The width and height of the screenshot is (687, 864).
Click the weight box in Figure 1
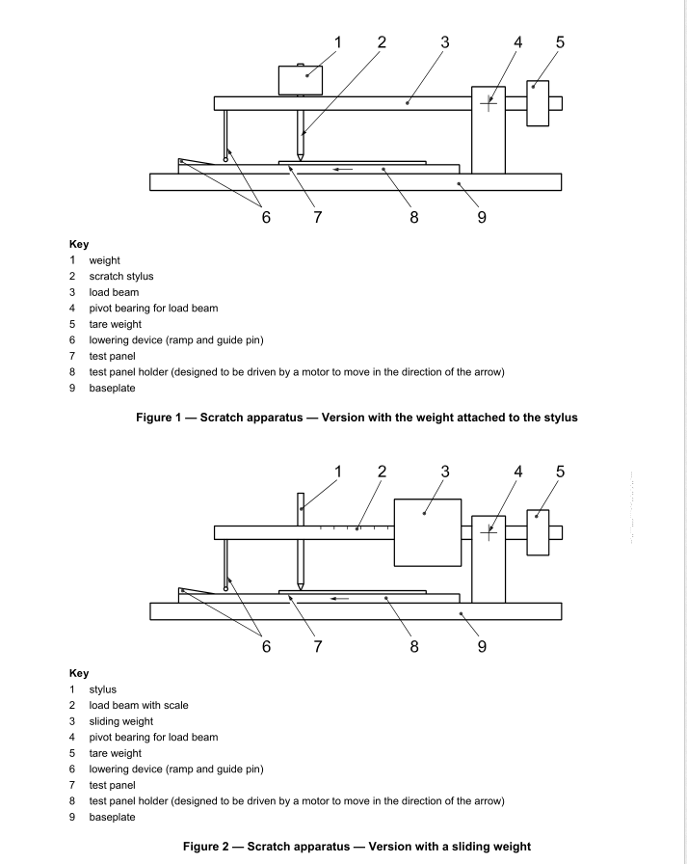tap(300, 80)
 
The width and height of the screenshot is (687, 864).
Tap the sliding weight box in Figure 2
tap(428, 532)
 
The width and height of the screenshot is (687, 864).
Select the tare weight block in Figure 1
tap(538, 102)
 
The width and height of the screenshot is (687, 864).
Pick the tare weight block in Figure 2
tap(538, 532)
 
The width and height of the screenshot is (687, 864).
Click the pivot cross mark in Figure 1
tap(489, 102)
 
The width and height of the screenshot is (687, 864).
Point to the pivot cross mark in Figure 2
tap(489, 532)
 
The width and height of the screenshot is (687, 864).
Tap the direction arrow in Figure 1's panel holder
tap(341, 169)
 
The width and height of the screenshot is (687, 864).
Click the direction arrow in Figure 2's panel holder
tap(341, 599)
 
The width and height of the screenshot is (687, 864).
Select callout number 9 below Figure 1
tap(482, 217)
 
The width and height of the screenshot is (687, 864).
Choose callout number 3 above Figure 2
tap(445, 472)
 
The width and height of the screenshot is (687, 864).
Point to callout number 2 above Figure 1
tap(382, 41)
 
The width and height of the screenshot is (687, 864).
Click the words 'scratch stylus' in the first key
tap(121, 277)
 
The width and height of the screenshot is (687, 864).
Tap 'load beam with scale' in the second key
tap(139, 705)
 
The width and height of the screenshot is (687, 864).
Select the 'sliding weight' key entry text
tap(121, 721)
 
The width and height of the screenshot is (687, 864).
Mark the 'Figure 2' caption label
tap(209, 847)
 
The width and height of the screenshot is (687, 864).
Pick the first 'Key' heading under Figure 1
tap(79, 245)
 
